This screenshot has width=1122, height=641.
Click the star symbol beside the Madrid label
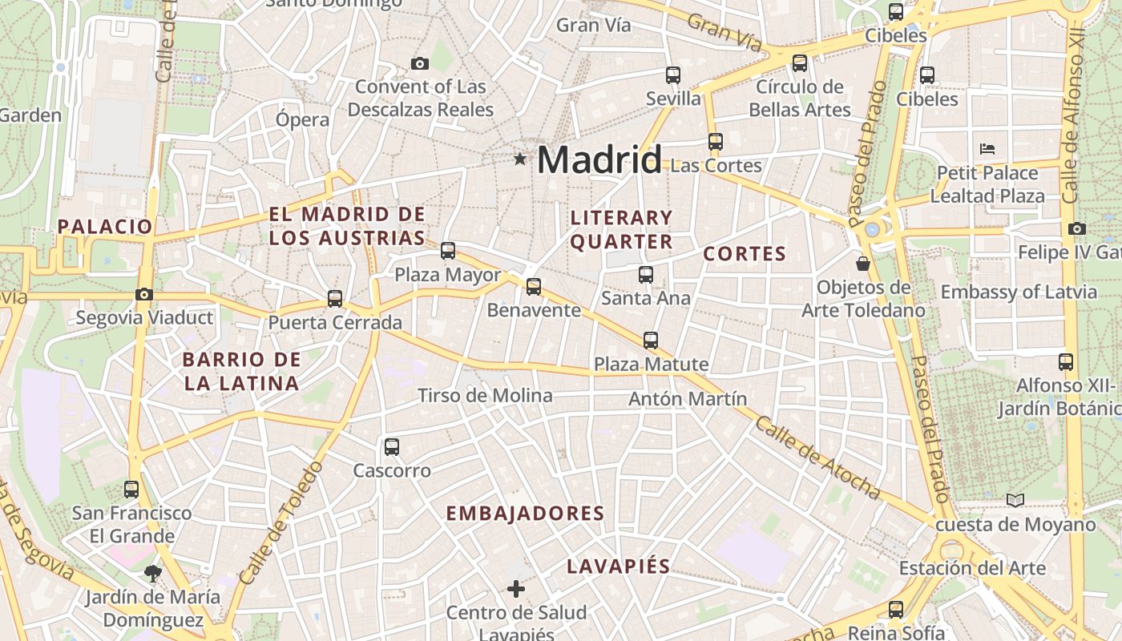tap(520, 159)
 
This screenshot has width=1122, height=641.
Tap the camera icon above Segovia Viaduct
tap(144, 295)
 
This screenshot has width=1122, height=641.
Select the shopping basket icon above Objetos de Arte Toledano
tap(863, 263)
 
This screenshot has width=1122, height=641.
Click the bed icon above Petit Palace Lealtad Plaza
tap(987, 149)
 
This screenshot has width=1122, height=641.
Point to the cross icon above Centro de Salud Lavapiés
tap(516, 590)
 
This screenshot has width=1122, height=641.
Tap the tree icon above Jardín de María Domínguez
tap(152, 573)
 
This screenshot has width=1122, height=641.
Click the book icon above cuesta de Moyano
tap(1015, 501)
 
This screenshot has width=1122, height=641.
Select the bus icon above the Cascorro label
tap(392, 447)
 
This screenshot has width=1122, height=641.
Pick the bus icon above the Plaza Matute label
tap(651, 341)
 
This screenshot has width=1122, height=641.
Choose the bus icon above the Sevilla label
tap(673, 75)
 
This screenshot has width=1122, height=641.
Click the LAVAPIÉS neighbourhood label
tap(618, 566)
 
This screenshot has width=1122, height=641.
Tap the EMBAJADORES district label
tap(525, 514)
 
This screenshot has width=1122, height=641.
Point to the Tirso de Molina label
tap(485, 395)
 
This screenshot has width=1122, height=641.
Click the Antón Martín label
tap(688, 398)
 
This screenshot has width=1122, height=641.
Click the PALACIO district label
tap(105, 227)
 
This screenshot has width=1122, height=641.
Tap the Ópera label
tap(302, 120)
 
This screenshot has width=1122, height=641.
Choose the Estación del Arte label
tap(972, 568)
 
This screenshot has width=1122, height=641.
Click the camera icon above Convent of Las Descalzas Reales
tap(419, 63)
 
